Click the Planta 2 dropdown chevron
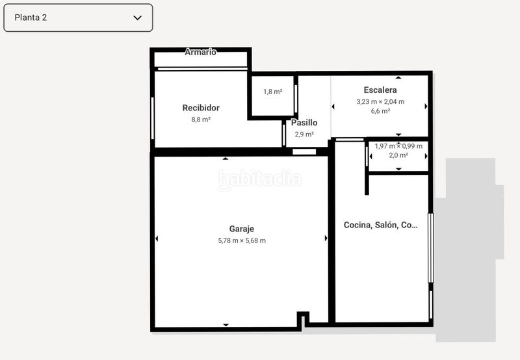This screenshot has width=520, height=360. click(x=137, y=18)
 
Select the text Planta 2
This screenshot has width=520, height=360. click(x=31, y=18)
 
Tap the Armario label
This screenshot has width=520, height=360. click(x=200, y=52)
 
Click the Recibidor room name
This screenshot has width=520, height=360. click(x=201, y=108)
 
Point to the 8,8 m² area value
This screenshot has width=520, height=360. click(x=201, y=120)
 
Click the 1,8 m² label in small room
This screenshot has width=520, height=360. click(x=272, y=92)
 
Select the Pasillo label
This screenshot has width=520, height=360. click(x=304, y=123)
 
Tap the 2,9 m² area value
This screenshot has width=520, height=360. click(x=304, y=135)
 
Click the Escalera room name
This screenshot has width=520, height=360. click(x=380, y=90)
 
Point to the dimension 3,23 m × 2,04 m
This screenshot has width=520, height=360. click(x=380, y=102)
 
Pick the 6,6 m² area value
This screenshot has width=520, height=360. click(x=380, y=111)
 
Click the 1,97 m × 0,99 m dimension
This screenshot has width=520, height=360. click(x=398, y=146)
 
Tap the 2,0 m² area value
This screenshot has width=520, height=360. click(x=398, y=155)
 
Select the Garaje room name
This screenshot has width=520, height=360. click(x=242, y=229)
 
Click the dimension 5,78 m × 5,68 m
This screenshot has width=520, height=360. click(x=242, y=240)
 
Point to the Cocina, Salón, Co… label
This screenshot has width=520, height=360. click(x=380, y=225)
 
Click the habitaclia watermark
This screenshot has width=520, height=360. click(x=259, y=180)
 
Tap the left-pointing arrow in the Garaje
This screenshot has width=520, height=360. click(x=157, y=238)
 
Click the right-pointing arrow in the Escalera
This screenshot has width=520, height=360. click(x=426, y=107)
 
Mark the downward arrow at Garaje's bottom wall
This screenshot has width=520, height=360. click(x=226, y=325)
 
